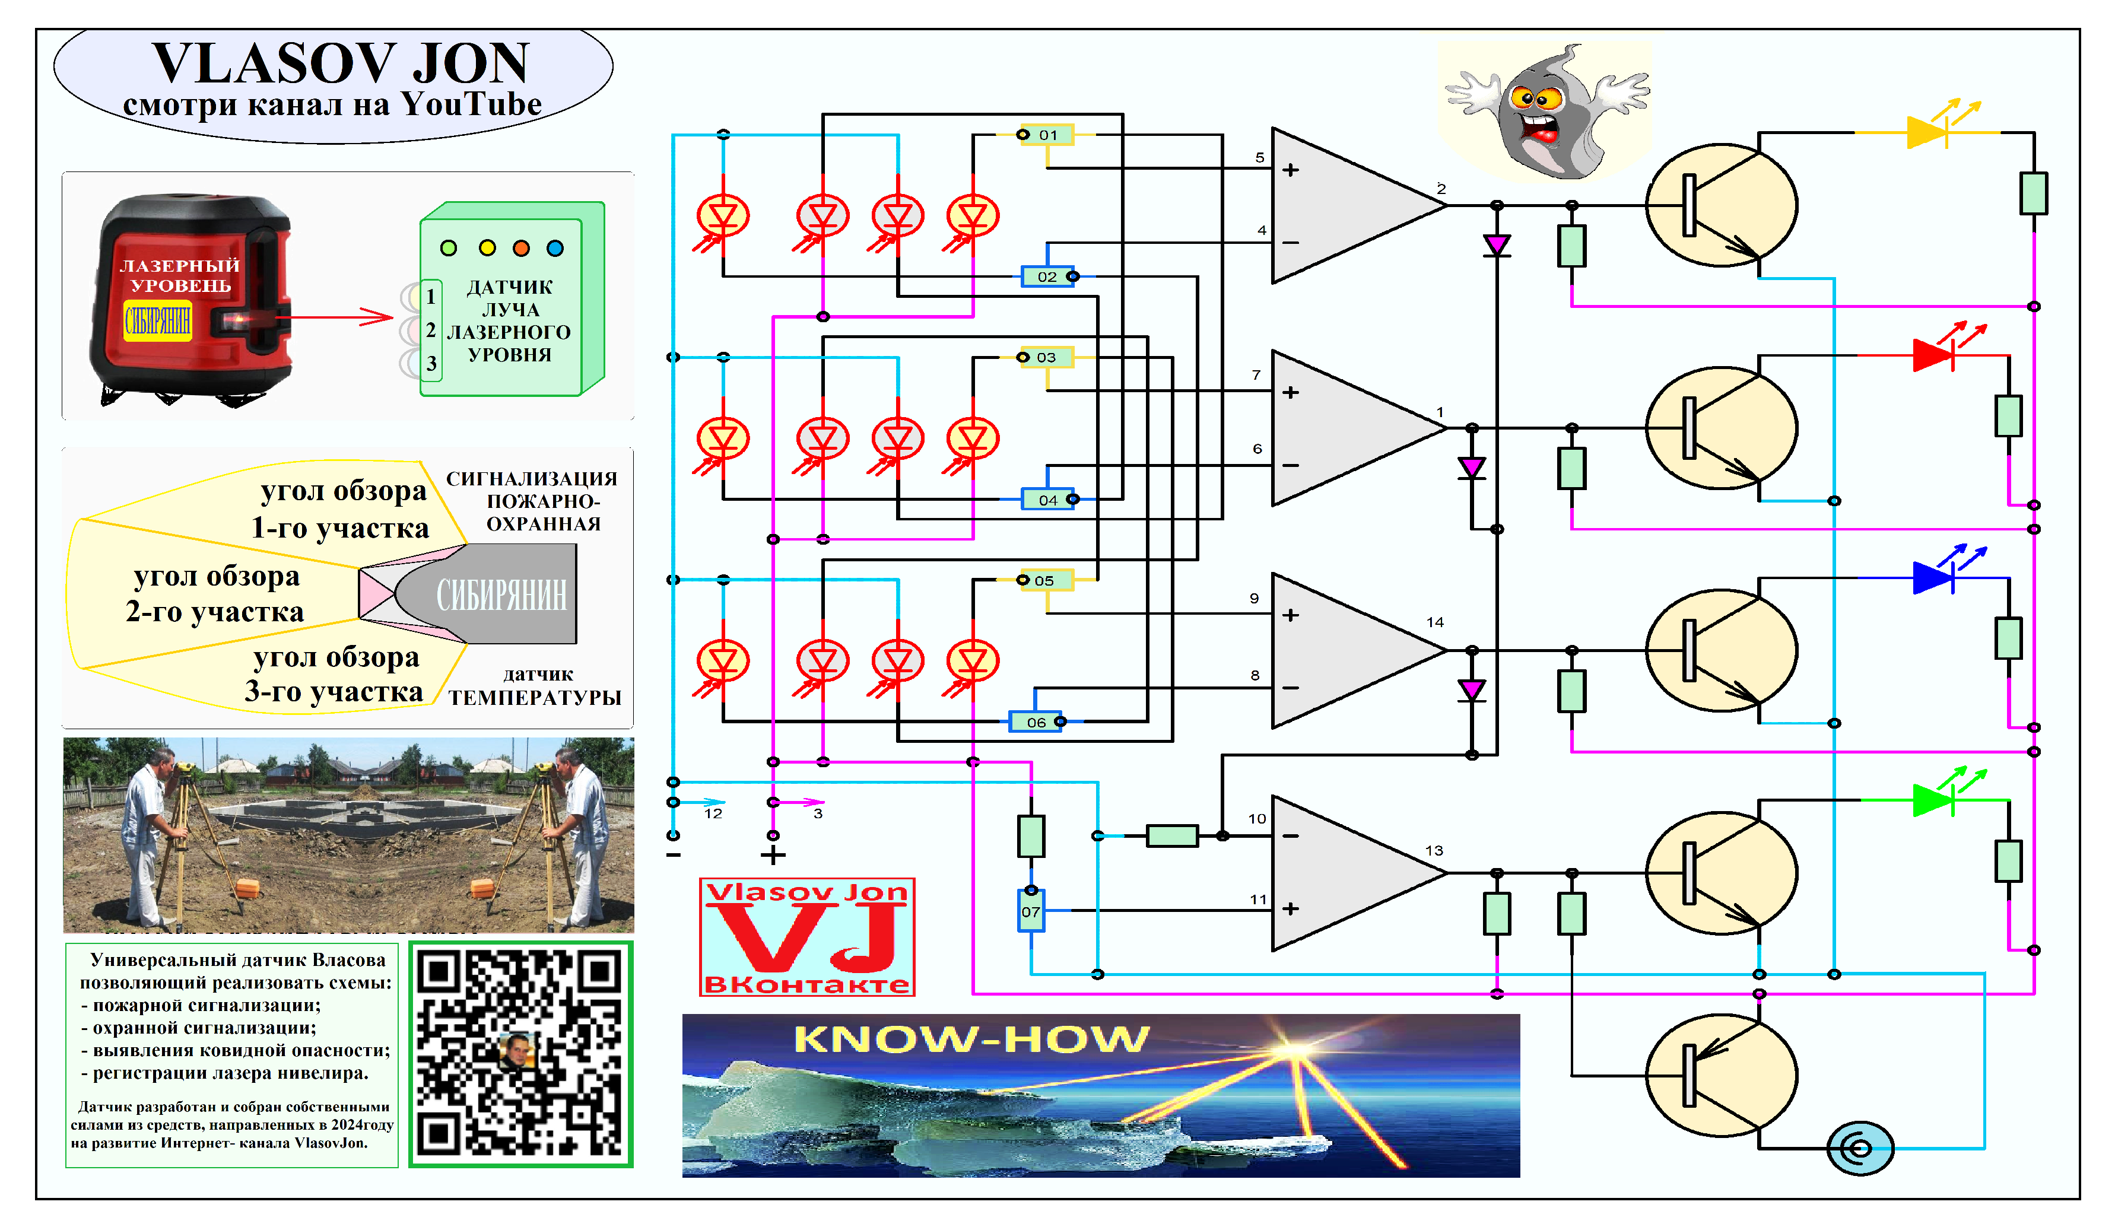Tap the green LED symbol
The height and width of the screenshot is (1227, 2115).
[1933, 800]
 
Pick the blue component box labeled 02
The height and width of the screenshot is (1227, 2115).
[1047, 276]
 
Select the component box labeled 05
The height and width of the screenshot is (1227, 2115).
[1045, 580]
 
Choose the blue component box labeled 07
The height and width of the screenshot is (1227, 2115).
[1031, 911]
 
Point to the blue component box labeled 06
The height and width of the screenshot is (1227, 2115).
[1036, 721]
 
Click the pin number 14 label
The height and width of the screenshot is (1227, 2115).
[1434, 622]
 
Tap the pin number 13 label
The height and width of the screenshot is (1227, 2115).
[1434, 850]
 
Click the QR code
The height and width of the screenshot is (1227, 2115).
[520, 1054]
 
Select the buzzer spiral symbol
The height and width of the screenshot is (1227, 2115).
[1860, 1148]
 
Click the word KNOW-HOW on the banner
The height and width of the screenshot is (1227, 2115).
[970, 1039]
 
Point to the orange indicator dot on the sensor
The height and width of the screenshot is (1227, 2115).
[521, 247]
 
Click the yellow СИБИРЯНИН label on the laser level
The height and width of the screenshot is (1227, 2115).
[158, 320]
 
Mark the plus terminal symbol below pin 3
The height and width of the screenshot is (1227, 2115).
[773, 855]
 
